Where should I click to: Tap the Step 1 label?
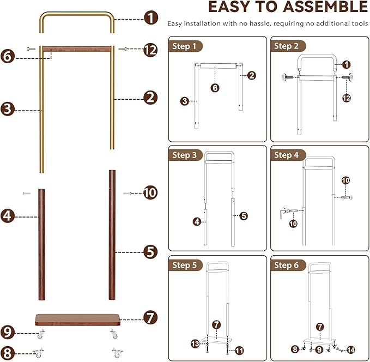(x=184, y=46)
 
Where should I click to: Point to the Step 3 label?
(x=184, y=155)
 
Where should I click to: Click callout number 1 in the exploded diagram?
(x=151, y=18)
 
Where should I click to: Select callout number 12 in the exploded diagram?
(x=151, y=50)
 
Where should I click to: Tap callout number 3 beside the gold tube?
(x=8, y=109)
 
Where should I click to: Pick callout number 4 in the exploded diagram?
(x=8, y=216)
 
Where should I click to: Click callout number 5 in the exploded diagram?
(x=151, y=252)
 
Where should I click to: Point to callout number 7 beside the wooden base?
(x=151, y=317)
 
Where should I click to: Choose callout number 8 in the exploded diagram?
(x=8, y=352)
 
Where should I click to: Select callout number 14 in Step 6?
(x=350, y=349)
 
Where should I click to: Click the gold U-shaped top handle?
(x=76, y=14)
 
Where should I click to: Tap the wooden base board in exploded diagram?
(x=77, y=319)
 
